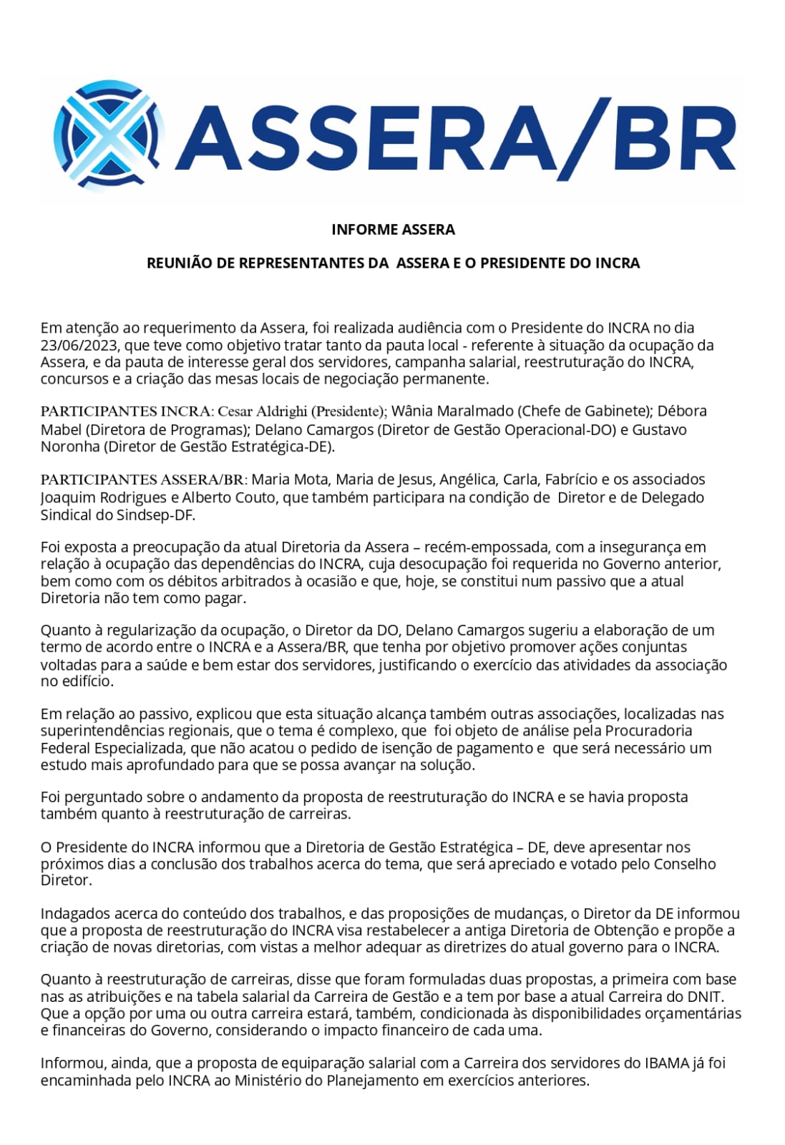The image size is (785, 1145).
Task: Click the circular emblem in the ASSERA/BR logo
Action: pos(109,136)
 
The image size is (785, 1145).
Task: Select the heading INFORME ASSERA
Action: pos(393,230)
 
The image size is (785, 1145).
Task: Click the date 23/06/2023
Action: pos(79,345)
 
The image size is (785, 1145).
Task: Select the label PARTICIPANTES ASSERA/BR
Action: pos(142,479)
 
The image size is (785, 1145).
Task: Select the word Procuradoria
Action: pos(648,731)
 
